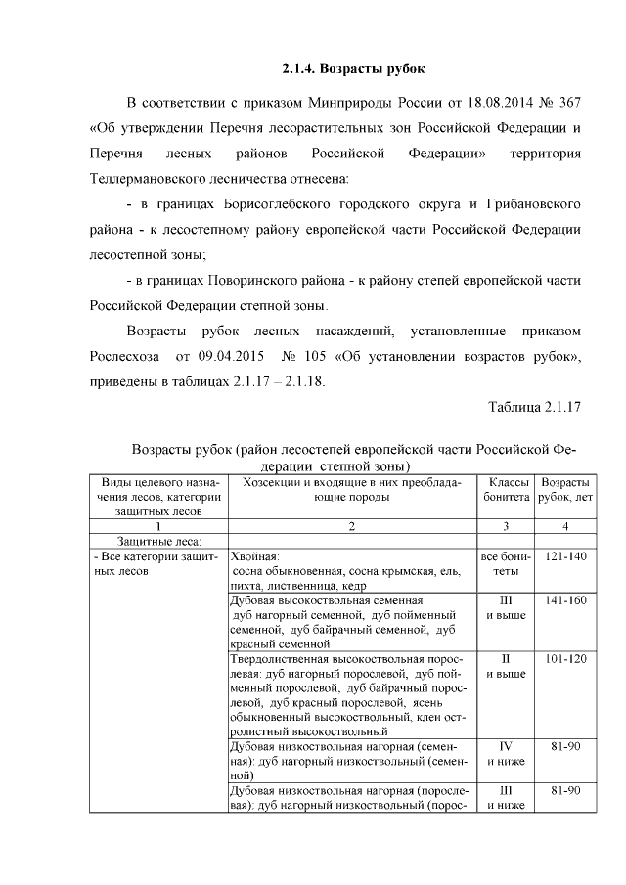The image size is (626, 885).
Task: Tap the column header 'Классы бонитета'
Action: point(504,491)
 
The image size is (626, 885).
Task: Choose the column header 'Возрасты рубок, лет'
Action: point(564,491)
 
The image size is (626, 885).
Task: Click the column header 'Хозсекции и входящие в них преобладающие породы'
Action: point(351,491)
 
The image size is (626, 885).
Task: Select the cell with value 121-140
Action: point(564,556)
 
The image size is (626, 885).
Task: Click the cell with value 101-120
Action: point(564,659)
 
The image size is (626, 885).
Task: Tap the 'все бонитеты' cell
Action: point(504,563)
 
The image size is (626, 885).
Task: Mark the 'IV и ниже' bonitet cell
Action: point(504,754)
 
